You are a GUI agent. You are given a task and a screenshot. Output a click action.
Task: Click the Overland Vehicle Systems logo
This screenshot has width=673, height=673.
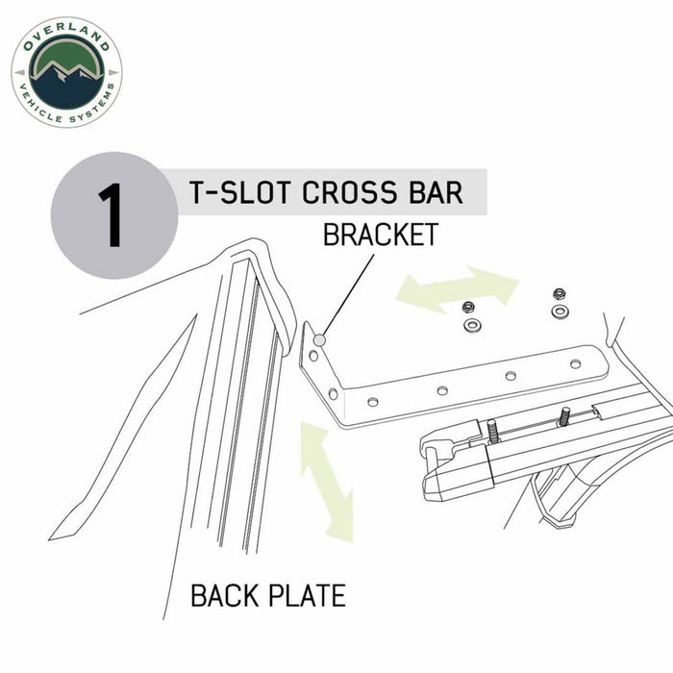point(66,72)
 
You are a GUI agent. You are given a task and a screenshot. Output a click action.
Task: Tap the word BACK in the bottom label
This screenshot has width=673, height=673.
point(228,596)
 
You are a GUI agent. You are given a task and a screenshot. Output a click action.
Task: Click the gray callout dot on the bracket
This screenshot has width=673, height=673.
point(319,338)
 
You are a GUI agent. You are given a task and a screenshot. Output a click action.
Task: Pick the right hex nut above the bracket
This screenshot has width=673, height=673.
point(559,293)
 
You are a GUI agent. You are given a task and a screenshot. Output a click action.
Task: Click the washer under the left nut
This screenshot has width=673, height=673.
point(471,326)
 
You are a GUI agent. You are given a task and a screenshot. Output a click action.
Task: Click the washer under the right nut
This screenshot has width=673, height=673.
point(559,312)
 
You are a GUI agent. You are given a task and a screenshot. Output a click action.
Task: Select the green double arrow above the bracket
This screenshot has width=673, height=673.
point(457,286)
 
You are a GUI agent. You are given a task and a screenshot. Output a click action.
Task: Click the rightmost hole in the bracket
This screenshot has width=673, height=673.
point(575,363)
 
